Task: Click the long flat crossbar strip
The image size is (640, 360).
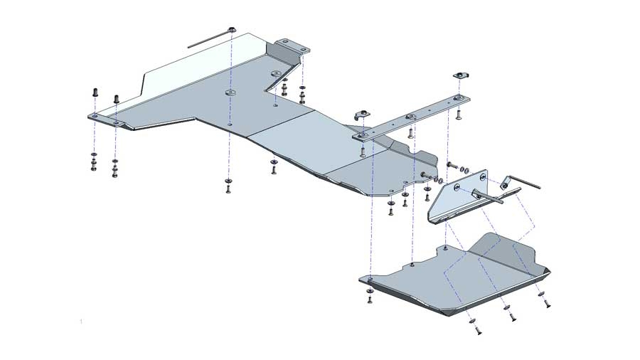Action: click(412, 117)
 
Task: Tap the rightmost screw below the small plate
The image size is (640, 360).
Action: click(547, 304)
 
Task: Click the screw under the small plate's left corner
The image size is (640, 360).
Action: click(369, 297)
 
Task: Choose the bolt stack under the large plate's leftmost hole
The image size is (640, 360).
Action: click(94, 162)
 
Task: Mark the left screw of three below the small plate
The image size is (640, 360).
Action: click(474, 329)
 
